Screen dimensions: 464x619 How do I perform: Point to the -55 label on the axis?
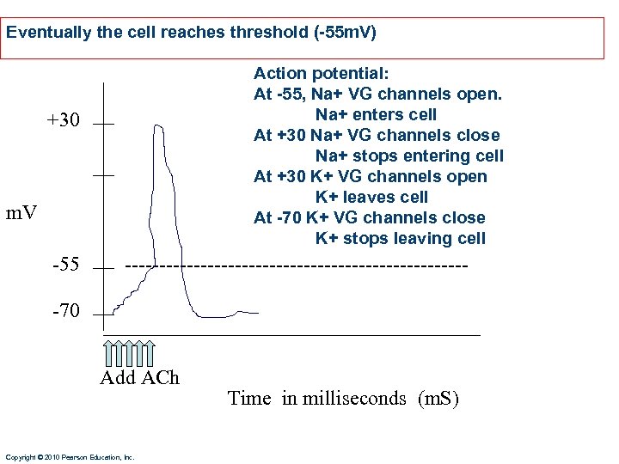point(65,265)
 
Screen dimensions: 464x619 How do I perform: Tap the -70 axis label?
point(65,311)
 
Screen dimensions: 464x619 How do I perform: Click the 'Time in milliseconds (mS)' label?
point(343,398)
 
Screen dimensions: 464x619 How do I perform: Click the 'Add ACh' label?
point(139,378)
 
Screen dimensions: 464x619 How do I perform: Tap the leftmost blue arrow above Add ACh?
point(108,352)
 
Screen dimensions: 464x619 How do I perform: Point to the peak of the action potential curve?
point(158,125)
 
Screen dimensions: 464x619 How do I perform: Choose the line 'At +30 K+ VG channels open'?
point(370,177)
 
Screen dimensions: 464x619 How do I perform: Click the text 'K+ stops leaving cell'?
point(400,239)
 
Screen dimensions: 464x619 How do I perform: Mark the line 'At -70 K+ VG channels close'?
point(369,218)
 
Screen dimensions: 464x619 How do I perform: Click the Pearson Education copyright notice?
point(70,457)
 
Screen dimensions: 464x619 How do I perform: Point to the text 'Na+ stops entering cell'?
point(409,156)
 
